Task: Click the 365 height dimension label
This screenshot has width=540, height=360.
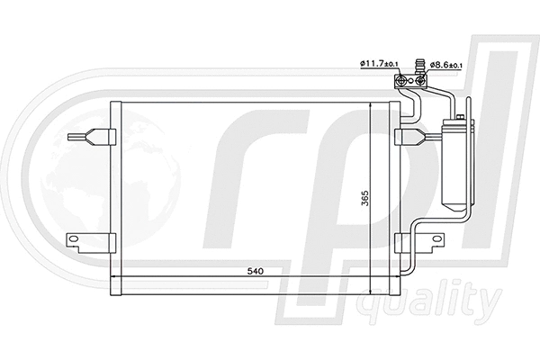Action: pos(364,197)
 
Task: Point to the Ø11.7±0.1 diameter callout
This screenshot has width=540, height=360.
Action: pos(375,63)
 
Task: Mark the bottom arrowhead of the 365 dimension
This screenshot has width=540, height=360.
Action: pos(372,289)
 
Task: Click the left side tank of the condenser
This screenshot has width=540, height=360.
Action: pos(115,197)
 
